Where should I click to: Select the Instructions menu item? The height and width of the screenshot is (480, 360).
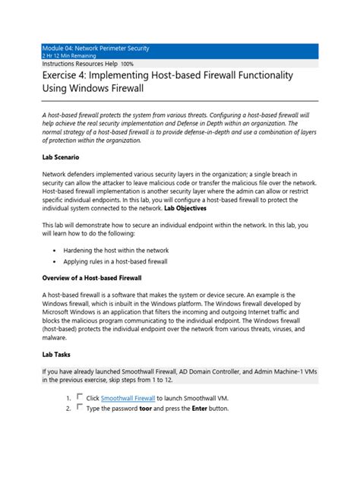[60, 65]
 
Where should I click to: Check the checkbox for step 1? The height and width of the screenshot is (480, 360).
[79, 396]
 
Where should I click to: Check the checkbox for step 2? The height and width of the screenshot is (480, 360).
[79, 408]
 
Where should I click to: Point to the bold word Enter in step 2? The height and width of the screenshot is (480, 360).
[203, 409]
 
